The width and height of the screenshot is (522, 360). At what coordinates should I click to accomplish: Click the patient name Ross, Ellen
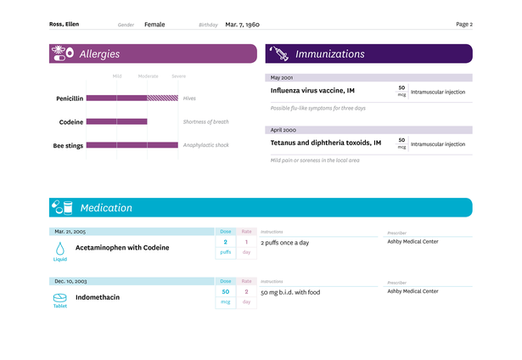pos(65,25)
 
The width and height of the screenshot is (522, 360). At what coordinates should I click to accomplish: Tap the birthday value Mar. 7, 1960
pos(244,25)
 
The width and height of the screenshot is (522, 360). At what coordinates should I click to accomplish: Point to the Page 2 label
pos(464,25)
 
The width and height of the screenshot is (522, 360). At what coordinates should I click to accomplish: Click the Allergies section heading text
pos(99,54)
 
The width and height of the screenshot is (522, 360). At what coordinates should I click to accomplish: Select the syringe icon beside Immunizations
pos(278,54)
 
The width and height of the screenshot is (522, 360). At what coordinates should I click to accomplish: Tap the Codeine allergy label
pos(71,122)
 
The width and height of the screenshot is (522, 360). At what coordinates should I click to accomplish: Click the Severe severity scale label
pos(178,76)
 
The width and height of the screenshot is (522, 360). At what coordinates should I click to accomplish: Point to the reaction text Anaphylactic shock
pos(206,145)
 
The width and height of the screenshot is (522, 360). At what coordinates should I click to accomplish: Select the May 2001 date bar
pos(368,77)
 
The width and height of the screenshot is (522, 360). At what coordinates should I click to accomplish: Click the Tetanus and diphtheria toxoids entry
pos(326,143)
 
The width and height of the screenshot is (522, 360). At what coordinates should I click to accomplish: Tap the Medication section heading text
pos(106,208)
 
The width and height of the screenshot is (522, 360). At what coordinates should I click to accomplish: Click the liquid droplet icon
pos(60,248)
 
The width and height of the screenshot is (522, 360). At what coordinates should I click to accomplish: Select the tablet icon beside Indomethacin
pos(60,298)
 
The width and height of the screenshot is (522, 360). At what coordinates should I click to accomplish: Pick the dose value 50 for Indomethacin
pos(226,291)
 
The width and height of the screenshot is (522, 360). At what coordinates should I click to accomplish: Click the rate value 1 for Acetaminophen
pos(246,242)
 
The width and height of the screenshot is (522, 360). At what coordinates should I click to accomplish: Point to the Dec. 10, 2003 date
pos(71,281)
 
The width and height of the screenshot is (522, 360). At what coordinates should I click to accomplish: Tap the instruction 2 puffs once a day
pos(285,243)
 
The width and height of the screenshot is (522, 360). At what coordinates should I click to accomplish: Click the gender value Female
pos(154,25)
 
